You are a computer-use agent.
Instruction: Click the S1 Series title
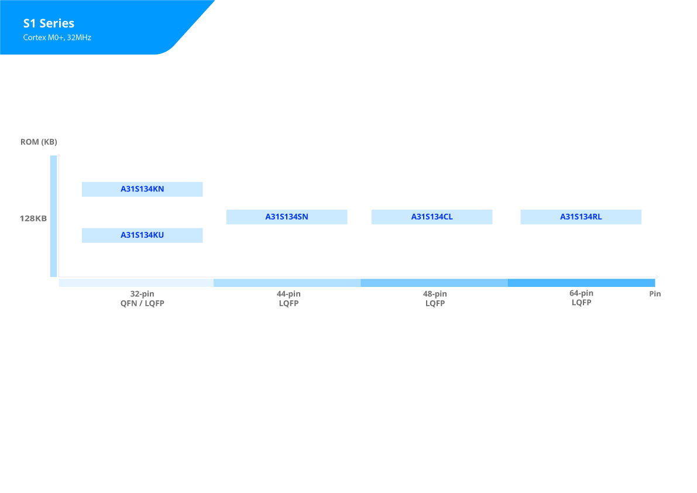pos(49,23)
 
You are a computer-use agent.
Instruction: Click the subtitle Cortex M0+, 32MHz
pos(57,37)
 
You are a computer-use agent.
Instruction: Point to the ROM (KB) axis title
pos(39,142)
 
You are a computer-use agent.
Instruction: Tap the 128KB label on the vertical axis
pos(33,218)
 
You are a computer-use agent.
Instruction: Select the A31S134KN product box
pos(142,189)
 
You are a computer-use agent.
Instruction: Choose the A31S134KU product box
pos(142,235)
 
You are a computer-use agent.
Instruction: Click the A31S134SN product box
pos(287,217)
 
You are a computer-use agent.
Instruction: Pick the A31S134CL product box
pos(432,217)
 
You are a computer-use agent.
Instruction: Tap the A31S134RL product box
pos(581,217)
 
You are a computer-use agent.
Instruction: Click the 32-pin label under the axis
pos(142,294)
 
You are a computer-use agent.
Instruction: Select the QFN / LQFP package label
pos(142,303)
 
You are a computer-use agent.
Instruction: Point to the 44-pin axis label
pos(289,294)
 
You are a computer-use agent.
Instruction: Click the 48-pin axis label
pos(435,294)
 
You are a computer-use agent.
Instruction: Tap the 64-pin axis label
pos(582,293)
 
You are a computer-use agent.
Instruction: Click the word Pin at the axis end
pos(655,294)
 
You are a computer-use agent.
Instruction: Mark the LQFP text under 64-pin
pos(582,302)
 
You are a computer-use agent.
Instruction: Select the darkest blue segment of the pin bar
pos(582,283)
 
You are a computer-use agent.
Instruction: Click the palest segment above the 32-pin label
pos(136,283)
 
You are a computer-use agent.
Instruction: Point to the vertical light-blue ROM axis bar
pos(53,216)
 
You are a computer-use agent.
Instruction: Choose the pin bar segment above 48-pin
pos(434,283)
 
